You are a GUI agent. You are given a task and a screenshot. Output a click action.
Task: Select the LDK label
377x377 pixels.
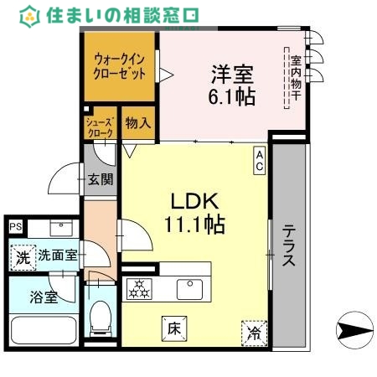[194, 202]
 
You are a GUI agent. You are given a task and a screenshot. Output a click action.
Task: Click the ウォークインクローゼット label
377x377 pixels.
[119, 67]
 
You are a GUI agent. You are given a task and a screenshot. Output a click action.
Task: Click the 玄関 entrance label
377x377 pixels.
[101, 179]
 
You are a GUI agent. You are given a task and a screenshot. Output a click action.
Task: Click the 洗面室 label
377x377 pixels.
[58, 256]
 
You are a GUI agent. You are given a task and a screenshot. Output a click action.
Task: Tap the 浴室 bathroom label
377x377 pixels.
[44, 297]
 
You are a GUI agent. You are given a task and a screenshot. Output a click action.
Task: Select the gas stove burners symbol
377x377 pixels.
[137, 290]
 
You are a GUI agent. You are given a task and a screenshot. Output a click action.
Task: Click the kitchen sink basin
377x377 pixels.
[189, 289]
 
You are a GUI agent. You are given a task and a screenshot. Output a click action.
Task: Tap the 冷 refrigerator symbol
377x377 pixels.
[253, 333]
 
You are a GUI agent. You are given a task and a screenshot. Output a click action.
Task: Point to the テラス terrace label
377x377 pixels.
[288, 245]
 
